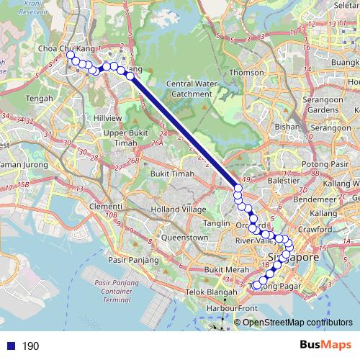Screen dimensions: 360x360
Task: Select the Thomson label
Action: point(247,73)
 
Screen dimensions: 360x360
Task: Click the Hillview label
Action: point(107,117)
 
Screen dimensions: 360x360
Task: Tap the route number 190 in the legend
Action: point(31,346)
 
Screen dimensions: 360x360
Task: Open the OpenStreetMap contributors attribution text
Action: point(297,322)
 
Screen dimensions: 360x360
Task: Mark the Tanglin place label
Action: point(216,224)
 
